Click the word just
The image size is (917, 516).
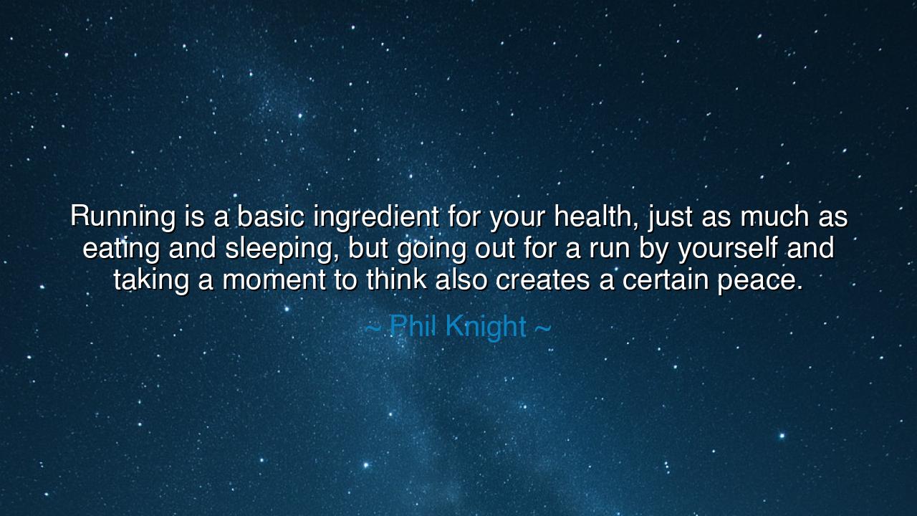pyautogui.click(x=664, y=217)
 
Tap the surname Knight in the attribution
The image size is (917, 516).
pyautogui.click(x=486, y=328)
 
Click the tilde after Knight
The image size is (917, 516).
pyautogui.click(x=543, y=328)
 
